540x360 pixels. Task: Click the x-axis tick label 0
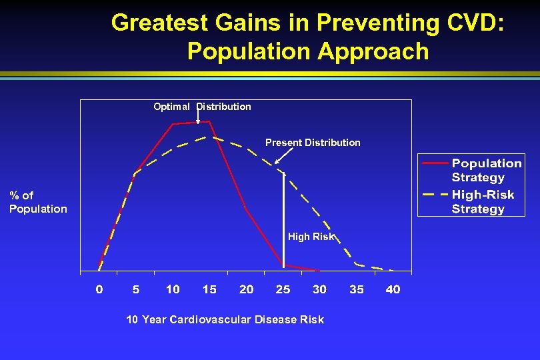99,289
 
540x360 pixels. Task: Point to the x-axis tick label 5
136,289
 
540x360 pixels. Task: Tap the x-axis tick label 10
173,289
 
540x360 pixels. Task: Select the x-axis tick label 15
209,289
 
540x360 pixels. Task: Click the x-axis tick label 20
246,289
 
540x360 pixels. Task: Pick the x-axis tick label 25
283,289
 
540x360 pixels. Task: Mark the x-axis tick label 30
319,289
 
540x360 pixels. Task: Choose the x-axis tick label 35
357,289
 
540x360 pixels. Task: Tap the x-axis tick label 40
393,289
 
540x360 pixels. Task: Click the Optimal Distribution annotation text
202,107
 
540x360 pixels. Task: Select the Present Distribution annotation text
313,143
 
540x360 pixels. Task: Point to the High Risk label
311,237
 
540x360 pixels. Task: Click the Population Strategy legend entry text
487,170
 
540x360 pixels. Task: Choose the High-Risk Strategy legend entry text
483,201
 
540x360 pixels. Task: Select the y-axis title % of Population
38,202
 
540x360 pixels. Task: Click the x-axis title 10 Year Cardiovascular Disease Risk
225,320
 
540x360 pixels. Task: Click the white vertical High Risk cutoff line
284,220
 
